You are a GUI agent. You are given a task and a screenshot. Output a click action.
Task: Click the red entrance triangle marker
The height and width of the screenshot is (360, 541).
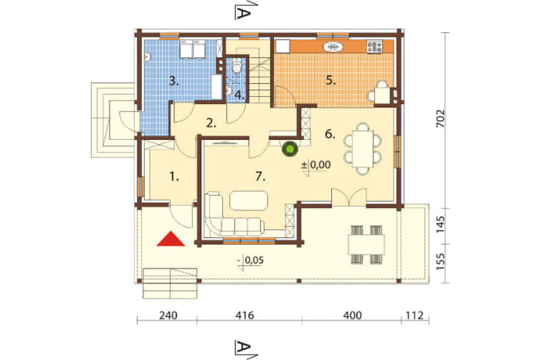pos(171,239)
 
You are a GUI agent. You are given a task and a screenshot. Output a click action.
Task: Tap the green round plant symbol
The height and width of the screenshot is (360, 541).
pos(290,149)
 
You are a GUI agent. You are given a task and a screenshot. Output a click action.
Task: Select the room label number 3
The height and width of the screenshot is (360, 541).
pos(174,81)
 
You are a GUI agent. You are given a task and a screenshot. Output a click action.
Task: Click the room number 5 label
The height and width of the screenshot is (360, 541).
pos(331,80)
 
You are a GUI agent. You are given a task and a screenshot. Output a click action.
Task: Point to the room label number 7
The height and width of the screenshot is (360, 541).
pos(260,176)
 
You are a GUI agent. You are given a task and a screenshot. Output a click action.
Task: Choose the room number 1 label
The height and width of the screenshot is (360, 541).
pos(174,177)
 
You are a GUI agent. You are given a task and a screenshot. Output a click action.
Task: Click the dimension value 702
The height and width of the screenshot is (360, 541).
pos(441,119)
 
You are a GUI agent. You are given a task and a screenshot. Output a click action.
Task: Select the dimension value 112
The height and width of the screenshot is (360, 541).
pos(414,315)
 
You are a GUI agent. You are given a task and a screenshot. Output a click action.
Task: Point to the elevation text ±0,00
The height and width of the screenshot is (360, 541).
pos(316,165)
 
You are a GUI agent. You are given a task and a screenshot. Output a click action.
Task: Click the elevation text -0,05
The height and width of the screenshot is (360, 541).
pos(250,260)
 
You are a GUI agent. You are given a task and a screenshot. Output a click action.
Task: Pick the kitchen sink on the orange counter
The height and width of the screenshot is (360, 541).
pos(333,46)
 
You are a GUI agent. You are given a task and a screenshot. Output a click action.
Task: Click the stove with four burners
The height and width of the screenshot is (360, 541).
pos(375,47)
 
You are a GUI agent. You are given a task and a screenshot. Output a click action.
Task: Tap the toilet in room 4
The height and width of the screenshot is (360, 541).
pos(237,65)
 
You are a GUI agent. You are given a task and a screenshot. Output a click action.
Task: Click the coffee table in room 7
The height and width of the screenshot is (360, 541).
pos(248,201)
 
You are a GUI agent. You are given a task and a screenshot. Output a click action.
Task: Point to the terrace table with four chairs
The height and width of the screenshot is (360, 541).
pos(367,244)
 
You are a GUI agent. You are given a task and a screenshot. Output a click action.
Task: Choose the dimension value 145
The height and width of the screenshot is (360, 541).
pos(441,224)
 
